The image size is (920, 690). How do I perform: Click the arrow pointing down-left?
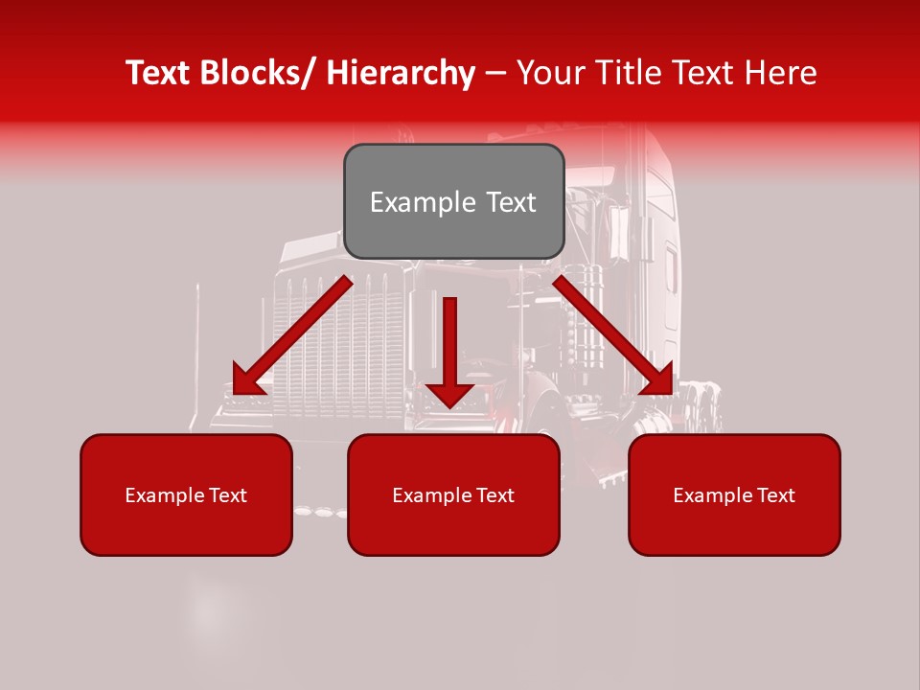[x=291, y=336]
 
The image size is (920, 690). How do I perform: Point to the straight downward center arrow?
[x=449, y=345]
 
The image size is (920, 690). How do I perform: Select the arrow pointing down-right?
[x=613, y=334]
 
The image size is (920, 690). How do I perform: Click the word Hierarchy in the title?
[x=401, y=73]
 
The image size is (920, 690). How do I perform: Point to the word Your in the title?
[x=548, y=73]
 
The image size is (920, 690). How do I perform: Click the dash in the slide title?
[x=495, y=73]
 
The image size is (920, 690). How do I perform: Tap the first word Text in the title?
[x=158, y=73]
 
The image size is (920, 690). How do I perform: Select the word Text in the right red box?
[x=775, y=495]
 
